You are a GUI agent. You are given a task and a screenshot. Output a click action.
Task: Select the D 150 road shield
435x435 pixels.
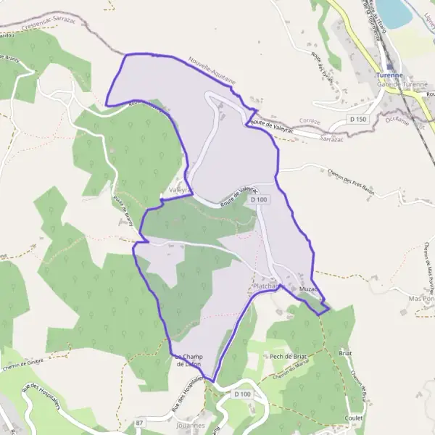(x=357, y=117)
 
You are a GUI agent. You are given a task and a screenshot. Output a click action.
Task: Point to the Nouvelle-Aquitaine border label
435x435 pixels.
(x=212, y=74)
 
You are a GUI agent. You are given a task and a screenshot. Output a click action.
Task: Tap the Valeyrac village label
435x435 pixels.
(x=179, y=189)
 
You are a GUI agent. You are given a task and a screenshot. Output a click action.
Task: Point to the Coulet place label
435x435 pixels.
(x=355, y=418)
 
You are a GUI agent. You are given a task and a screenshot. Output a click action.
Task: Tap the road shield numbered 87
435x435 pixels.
(x=139, y=421)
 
